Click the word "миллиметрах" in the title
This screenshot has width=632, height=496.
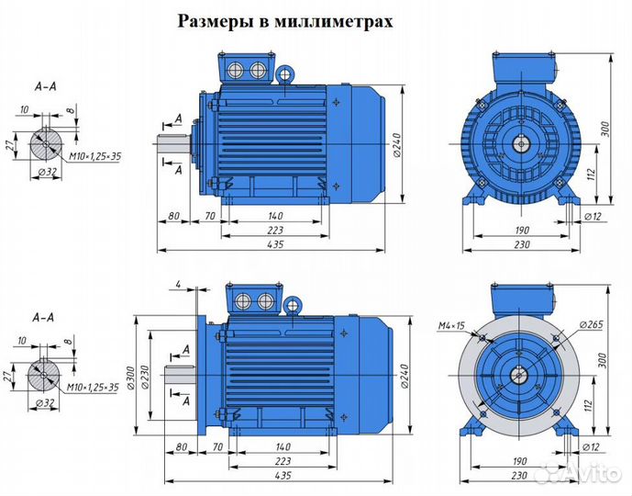[x=333, y=21]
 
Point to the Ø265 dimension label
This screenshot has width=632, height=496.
[x=591, y=324]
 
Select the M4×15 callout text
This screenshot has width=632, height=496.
[x=451, y=325]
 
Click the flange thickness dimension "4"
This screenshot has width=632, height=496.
[x=178, y=285]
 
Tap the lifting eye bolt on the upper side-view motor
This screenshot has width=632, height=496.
[x=286, y=74]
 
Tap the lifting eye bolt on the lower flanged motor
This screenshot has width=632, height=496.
[x=293, y=305]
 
